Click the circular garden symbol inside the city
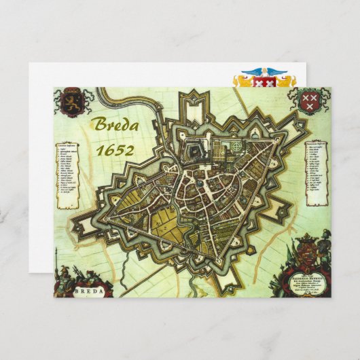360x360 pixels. (237, 145)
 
